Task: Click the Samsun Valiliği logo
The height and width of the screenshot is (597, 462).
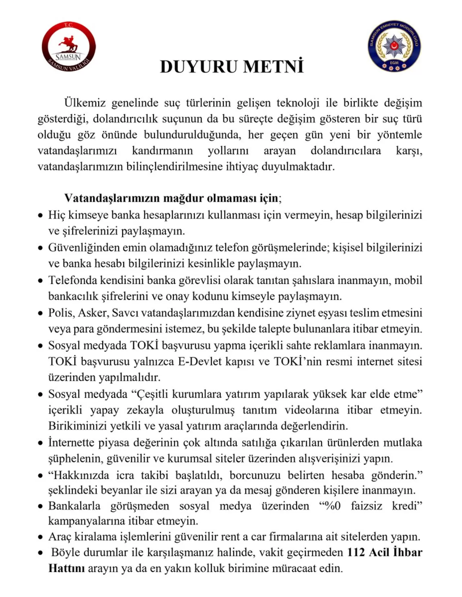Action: tap(69, 47)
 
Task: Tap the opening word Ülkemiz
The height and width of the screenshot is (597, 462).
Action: tap(85, 103)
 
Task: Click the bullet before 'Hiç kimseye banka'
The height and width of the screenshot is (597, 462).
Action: tap(40, 215)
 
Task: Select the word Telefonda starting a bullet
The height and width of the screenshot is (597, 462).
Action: tap(72, 280)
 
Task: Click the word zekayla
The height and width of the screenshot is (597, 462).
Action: tap(145, 410)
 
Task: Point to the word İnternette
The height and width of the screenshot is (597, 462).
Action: tap(71, 442)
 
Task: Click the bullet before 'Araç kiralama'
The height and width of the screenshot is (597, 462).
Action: tap(40, 537)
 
